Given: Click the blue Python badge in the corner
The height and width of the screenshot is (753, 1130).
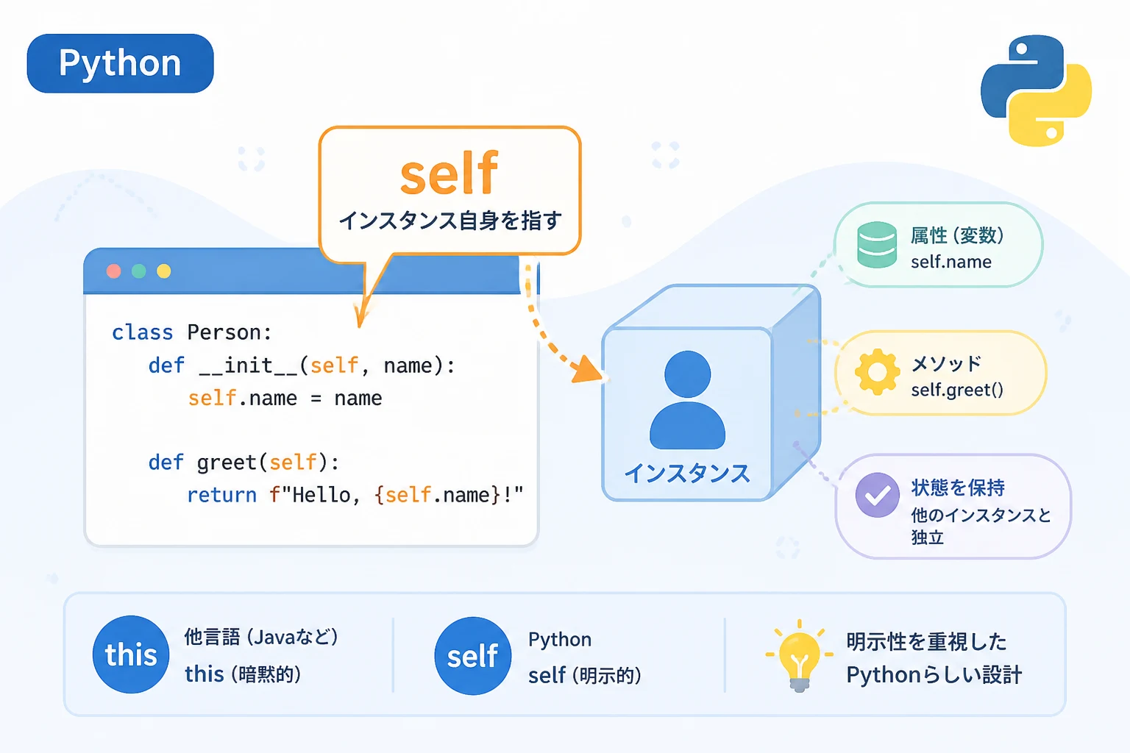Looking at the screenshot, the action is click(x=120, y=63).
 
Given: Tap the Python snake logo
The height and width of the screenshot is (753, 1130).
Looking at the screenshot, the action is click(x=1036, y=90).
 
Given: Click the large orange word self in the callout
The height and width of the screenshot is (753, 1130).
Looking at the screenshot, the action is click(x=449, y=173).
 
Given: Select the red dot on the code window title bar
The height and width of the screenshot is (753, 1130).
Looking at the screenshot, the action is click(x=114, y=271).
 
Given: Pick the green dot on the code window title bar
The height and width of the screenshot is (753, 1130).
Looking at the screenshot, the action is click(x=139, y=271).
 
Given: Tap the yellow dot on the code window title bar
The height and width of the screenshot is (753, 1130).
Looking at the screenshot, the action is click(x=163, y=271).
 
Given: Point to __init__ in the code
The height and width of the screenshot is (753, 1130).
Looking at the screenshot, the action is click(x=249, y=365).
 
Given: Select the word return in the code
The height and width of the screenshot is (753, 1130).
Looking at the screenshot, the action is click(x=222, y=496).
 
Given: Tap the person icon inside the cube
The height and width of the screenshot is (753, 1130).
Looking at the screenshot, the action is click(x=688, y=400).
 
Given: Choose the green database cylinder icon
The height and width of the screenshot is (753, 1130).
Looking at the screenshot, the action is click(x=877, y=245).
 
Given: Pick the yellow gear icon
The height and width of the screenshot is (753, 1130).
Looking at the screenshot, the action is click(x=877, y=372).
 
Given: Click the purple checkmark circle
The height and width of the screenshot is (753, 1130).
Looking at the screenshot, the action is click(x=877, y=495).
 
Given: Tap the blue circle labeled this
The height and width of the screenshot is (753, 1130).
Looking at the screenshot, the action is click(x=131, y=654).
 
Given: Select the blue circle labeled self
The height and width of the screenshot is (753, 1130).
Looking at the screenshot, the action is click(x=473, y=656).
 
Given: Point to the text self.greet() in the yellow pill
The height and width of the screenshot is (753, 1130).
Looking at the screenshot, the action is click(x=957, y=390).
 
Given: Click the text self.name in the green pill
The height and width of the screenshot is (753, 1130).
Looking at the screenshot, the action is click(x=951, y=262).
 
